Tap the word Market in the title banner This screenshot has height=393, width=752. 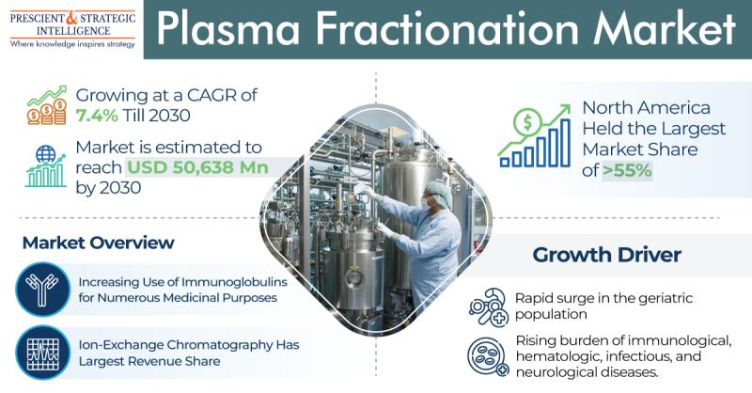tap(665, 29)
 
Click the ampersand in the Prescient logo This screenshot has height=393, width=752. tap(71, 18)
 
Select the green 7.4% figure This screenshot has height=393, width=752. tap(97, 116)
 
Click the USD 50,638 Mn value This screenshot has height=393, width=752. tap(197, 167)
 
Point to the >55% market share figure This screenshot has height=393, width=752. tap(627, 170)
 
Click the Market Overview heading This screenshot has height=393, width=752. tap(99, 243)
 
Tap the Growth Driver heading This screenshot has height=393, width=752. tap(606, 255)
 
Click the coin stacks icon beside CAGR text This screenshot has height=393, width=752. tap(47, 105)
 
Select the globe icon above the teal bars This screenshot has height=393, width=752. tap(45, 154)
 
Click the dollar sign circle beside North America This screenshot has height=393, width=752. tap(527, 122)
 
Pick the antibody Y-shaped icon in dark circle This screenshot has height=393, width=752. tap(42, 290)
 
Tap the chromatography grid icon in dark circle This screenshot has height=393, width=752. tap(42, 353)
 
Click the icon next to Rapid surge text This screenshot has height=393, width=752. tap(489, 307)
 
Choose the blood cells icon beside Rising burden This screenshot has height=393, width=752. tap(488, 356)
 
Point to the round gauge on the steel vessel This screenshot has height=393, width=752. tap(354, 276)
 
